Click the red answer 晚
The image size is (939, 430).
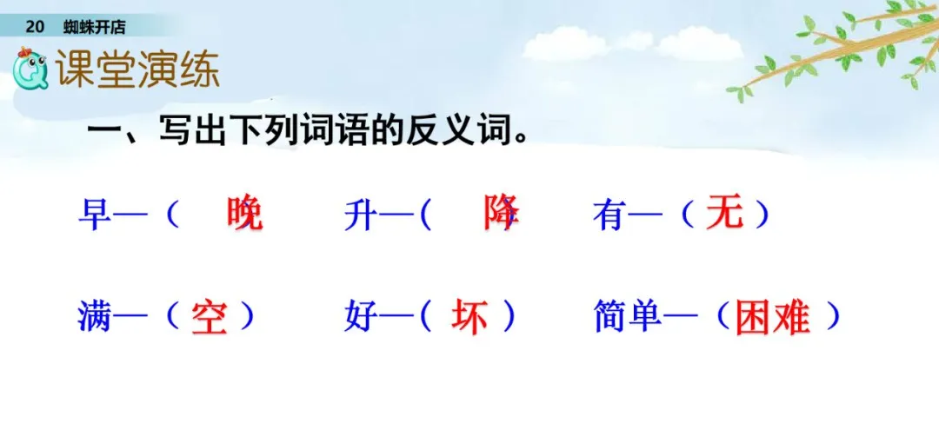point(243,213)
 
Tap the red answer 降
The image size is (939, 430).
point(502,211)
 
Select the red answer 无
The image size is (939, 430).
point(724,212)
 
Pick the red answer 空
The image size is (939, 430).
point(210,318)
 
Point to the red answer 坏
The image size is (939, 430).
point(469,318)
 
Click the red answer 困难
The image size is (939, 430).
point(772,318)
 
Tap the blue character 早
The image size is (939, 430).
point(93,214)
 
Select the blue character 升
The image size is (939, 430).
point(358,214)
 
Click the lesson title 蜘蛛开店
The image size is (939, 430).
point(95,27)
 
